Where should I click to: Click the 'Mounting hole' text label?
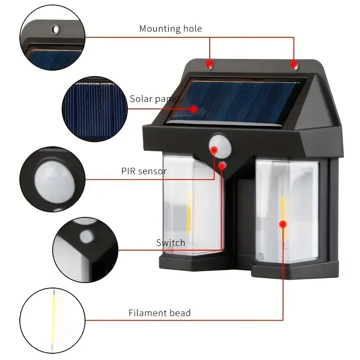(x=171, y=29)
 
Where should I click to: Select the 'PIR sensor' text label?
(x=144, y=171)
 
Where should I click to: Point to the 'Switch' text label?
(x=171, y=243)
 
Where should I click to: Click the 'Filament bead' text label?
(x=160, y=313)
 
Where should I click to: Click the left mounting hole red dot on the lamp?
(x=210, y=66)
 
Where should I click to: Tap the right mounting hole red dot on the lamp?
(x=294, y=66)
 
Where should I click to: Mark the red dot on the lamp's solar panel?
(x=193, y=108)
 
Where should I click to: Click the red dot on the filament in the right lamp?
(x=283, y=224)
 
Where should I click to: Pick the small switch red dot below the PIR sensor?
(x=221, y=166)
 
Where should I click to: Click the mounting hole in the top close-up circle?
(x=55, y=29)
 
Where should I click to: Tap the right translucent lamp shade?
(x=288, y=211)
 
